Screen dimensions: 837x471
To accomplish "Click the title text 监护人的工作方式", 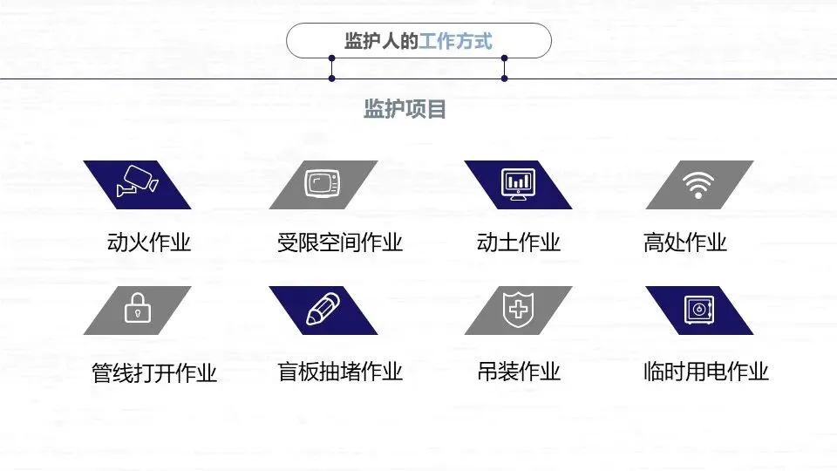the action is (418, 41).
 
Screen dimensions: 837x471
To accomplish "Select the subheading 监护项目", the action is (405, 109).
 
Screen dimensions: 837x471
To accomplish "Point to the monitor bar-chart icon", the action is (518, 184).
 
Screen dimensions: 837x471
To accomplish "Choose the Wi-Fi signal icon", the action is (697, 184).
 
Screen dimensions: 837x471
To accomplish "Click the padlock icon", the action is (138, 309).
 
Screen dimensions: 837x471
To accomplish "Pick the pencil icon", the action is (323, 310).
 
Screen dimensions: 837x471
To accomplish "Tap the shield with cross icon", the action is (518, 310).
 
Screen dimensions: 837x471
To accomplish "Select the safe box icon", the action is (699, 310).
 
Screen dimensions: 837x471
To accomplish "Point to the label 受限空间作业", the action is (340, 242).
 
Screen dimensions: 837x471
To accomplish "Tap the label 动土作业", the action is (518, 242).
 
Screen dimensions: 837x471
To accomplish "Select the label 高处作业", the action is (684, 242).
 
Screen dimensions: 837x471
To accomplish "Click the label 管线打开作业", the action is (154, 373).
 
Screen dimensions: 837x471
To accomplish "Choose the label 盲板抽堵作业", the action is (340, 372).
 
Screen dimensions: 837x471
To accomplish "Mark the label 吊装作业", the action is (518, 372).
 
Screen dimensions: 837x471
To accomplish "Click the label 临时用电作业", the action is (705, 372).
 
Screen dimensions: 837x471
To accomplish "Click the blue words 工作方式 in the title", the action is (455, 41).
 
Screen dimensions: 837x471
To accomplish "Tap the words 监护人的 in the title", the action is (381, 41).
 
